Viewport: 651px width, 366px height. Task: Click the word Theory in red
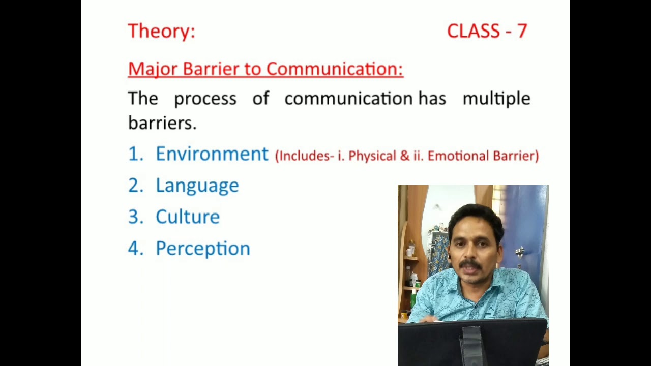point(160,31)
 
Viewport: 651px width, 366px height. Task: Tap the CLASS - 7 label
point(487,31)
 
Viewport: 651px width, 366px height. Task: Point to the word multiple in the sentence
point(496,99)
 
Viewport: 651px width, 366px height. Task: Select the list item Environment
point(212,154)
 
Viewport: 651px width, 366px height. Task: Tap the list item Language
point(197,186)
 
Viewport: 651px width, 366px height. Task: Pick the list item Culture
point(187,217)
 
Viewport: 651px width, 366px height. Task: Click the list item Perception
point(202,249)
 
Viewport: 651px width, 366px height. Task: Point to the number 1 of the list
point(135,154)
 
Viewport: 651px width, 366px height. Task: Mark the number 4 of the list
point(135,249)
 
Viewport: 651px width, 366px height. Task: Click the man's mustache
point(470,265)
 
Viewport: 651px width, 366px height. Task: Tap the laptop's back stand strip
point(471,346)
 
